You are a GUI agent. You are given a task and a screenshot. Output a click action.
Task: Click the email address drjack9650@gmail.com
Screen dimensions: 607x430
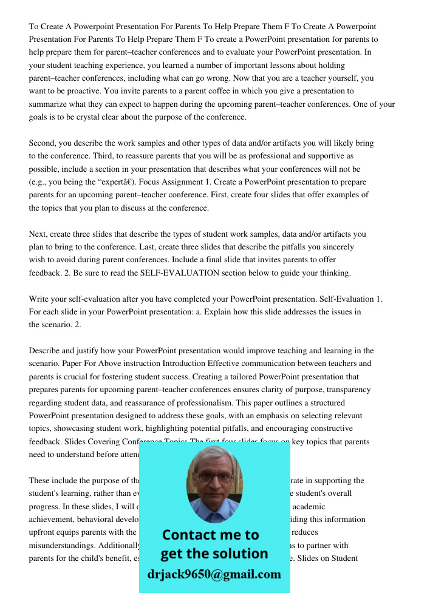214,574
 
